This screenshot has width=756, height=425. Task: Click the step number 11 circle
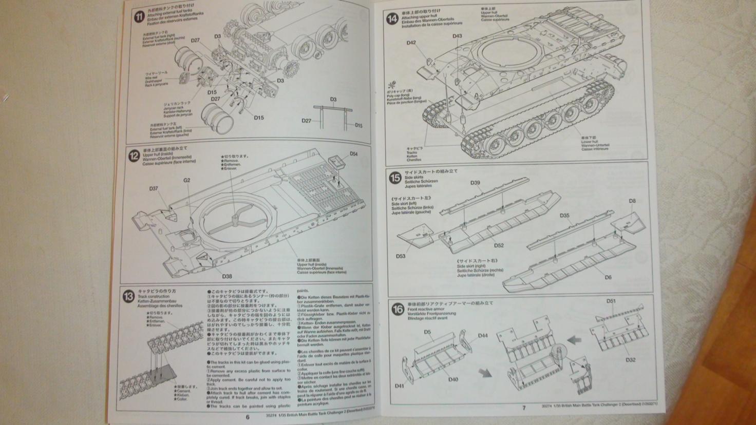(139, 17)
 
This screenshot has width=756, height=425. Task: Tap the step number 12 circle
(134, 155)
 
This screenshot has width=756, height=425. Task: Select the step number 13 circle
(128, 296)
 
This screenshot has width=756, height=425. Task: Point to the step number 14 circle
(392, 19)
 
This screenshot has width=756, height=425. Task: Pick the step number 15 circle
(395, 178)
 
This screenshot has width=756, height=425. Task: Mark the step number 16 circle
(398, 309)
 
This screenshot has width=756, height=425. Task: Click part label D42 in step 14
(411, 43)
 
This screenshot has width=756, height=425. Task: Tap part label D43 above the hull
(457, 36)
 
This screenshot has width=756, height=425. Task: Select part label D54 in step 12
(354, 153)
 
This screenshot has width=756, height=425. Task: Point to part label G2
(186, 180)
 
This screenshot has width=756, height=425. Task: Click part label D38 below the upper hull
(227, 276)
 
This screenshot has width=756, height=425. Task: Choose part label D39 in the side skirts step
(475, 183)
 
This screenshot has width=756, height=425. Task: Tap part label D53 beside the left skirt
(401, 256)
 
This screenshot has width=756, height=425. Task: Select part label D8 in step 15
(632, 201)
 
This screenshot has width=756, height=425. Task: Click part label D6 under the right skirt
(608, 277)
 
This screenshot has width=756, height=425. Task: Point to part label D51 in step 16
(611, 301)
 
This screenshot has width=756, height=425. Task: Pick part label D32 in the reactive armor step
(631, 360)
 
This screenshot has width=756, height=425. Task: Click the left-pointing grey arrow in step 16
(574, 339)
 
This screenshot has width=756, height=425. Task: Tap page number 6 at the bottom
(248, 417)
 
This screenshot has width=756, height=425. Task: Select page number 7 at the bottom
(524, 408)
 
